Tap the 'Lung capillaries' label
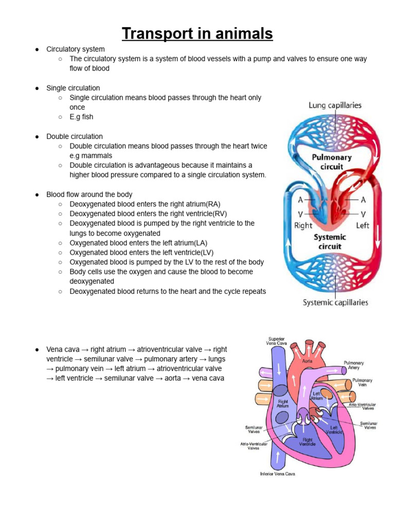[335, 106]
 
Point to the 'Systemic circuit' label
[330, 241]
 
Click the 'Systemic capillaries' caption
[335, 303]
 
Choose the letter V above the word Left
[363, 214]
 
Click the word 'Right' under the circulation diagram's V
[303, 225]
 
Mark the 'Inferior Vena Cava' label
[277, 473]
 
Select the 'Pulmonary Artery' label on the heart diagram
[354, 365]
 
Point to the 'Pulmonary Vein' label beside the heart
[362, 383]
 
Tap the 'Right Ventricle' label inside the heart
[308, 442]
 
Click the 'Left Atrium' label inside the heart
[316, 396]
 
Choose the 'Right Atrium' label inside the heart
[283, 403]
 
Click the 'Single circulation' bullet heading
[73, 88]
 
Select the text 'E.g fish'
[81, 117]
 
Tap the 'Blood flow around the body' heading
[89, 195]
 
